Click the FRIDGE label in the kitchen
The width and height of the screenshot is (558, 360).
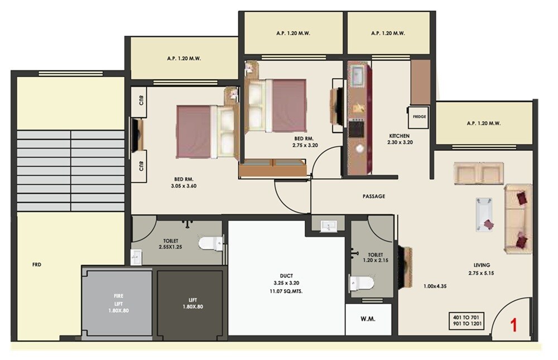420,117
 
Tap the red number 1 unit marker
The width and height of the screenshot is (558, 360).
514,325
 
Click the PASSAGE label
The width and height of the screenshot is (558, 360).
373,196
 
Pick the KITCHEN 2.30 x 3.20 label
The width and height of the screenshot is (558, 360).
400,139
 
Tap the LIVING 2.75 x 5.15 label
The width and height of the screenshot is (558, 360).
479,268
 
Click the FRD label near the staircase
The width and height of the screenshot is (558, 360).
37,264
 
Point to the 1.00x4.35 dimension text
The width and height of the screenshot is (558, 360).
435,286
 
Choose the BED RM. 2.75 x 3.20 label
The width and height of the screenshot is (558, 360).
305,142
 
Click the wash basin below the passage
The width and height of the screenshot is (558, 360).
329,225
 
